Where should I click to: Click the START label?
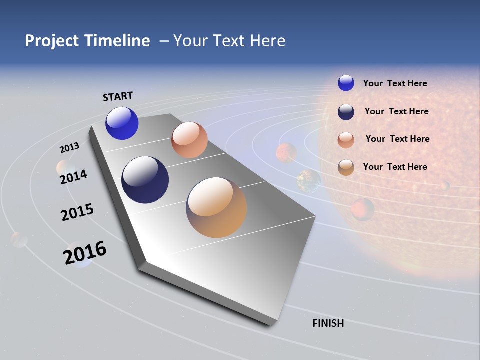tap(118, 96)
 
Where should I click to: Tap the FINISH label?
tap(328, 323)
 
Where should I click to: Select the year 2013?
tap(69, 148)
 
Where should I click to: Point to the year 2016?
tap(85, 252)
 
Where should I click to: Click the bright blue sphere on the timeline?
tap(122, 123)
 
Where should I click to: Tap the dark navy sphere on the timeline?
tap(145, 180)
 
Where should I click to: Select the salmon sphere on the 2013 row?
tap(189, 140)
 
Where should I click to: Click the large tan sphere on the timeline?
tap(216, 207)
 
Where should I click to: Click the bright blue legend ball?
tap(346, 83)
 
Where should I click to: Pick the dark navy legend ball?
tap(346, 112)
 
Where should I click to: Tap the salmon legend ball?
tap(346, 140)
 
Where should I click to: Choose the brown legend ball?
tap(346, 167)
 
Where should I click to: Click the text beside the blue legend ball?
tap(395, 83)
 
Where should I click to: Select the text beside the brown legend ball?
tap(395, 167)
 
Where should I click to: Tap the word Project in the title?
tap(52, 41)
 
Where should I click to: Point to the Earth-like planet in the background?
tap(309, 181)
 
